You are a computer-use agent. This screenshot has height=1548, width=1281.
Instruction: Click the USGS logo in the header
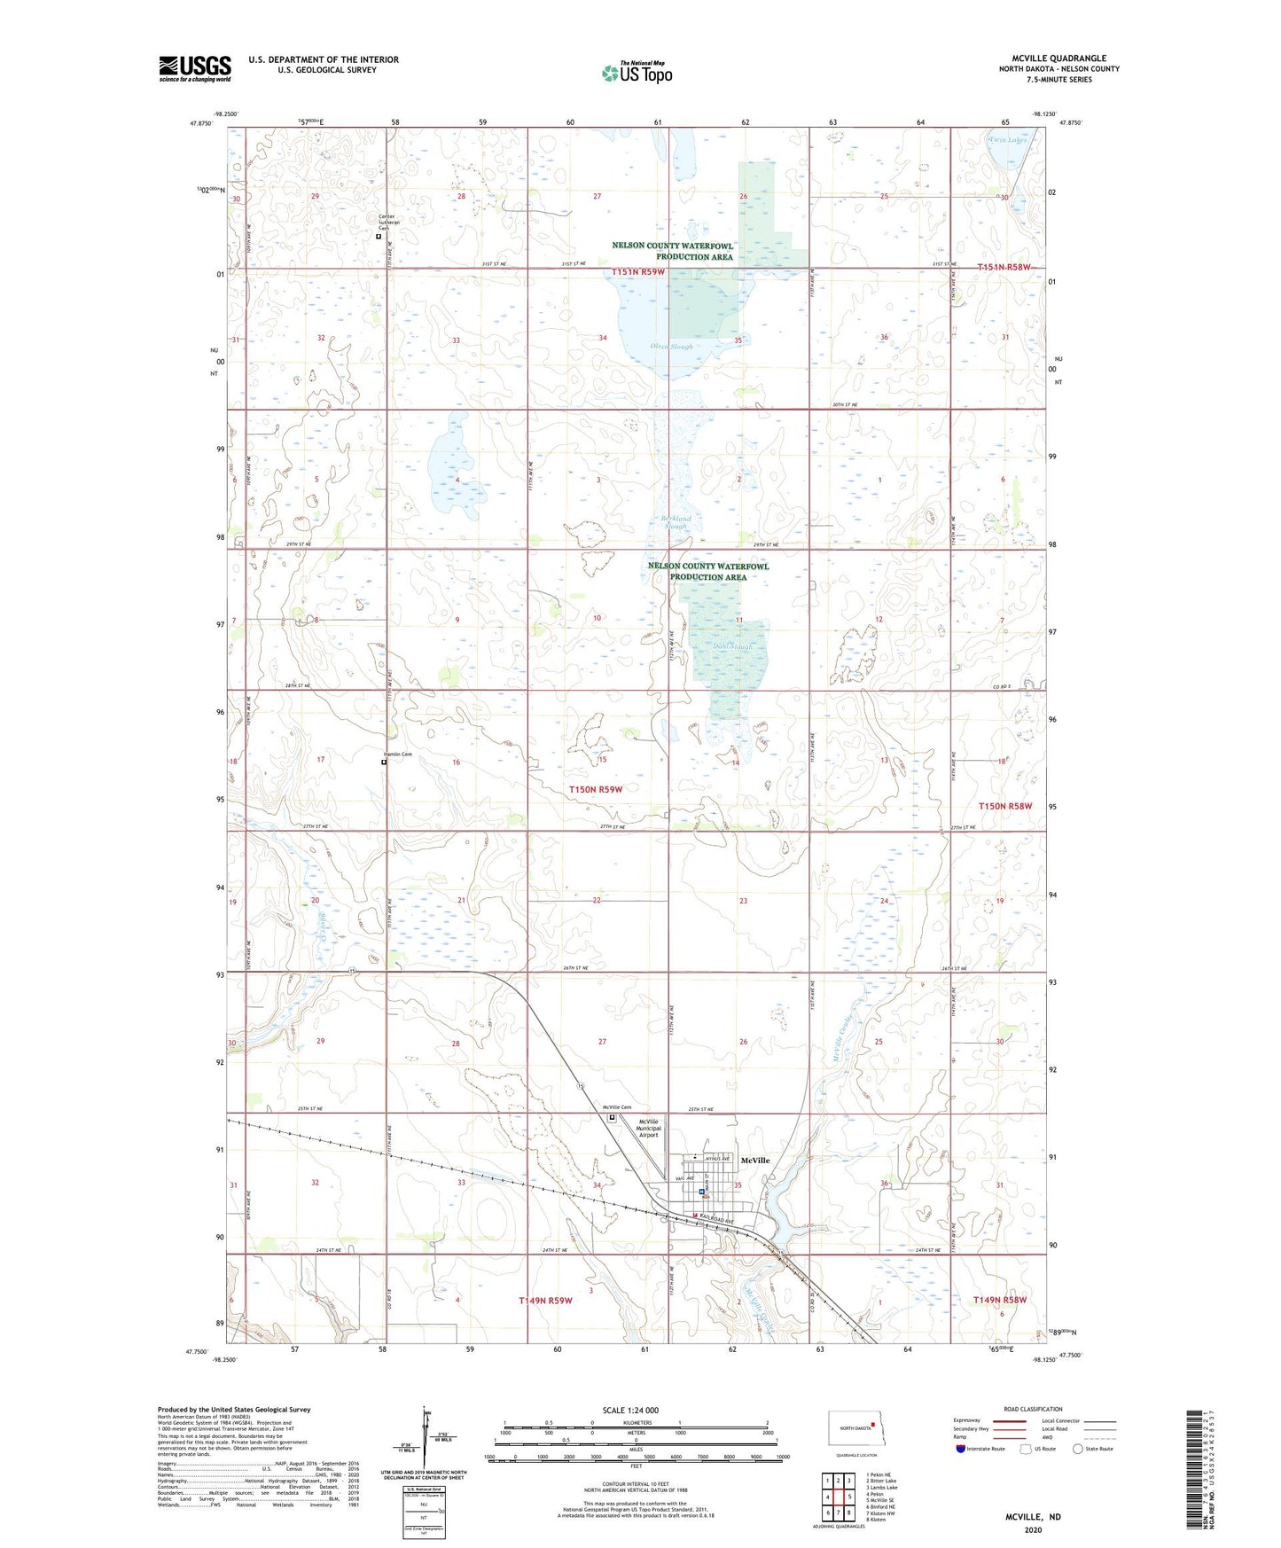click(x=195, y=68)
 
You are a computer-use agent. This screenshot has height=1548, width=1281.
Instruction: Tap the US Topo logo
click(x=637, y=73)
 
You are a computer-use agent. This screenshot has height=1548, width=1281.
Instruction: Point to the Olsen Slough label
click(x=671, y=347)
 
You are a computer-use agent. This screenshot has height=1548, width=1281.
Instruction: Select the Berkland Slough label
click(x=676, y=522)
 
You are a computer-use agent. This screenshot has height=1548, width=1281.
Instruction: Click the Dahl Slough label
click(x=732, y=647)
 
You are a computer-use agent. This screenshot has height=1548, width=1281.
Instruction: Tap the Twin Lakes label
click(x=1008, y=140)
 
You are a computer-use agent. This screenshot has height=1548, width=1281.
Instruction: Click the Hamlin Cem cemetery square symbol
click(x=384, y=762)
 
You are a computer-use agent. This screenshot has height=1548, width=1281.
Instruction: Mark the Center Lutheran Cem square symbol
click(x=379, y=237)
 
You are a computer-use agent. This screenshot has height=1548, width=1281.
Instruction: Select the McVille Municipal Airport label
click(x=649, y=1128)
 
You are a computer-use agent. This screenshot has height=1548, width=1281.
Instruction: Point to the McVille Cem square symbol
click(x=612, y=1118)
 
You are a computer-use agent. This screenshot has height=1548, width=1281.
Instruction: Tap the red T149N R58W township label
click(x=999, y=1300)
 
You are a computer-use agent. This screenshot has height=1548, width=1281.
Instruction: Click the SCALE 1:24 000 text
click(x=630, y=1410)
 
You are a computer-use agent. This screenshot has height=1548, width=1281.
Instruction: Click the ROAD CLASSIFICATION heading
click(x=1033, y=1409)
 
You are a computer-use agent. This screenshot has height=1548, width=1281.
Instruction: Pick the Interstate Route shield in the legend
click(x=962, y=1449)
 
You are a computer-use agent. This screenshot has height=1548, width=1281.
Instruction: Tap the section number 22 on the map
click(x=597, y=901)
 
